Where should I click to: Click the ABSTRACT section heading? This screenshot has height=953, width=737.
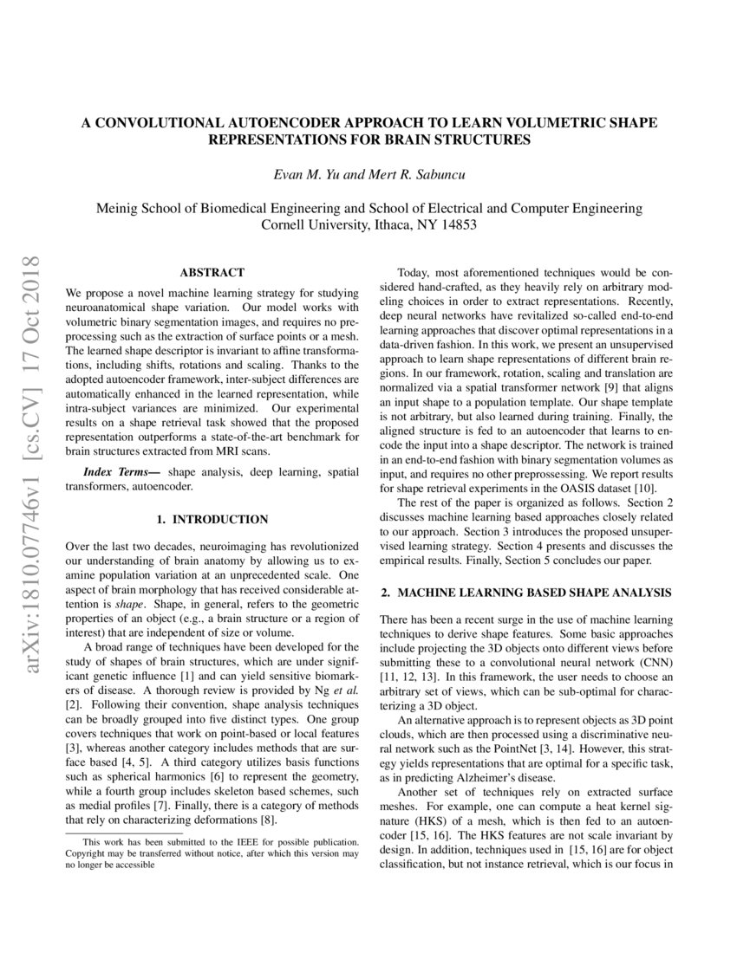[212, 272]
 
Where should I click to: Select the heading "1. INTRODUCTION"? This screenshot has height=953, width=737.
[212, 520]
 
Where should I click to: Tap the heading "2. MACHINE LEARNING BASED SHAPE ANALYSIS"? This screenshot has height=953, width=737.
[526, 593]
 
